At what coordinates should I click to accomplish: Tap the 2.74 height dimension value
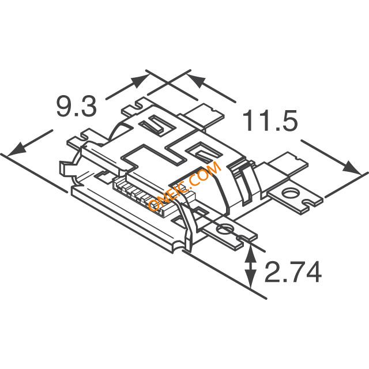[293, 272]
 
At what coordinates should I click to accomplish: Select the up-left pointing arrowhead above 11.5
[196, 81]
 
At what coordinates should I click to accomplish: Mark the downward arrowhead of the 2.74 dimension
[251, 278]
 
